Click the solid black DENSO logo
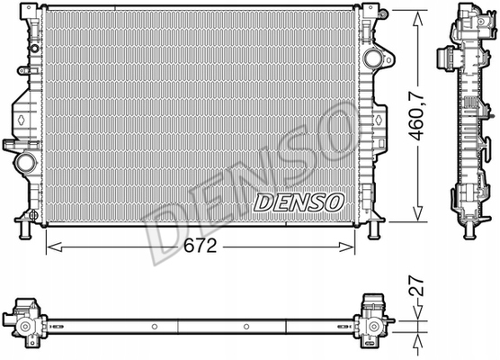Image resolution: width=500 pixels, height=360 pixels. (x=297, y=202)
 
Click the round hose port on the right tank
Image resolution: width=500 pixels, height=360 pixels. (x=372, y=59)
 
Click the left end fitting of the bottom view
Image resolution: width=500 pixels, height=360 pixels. (x=27, y=322)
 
